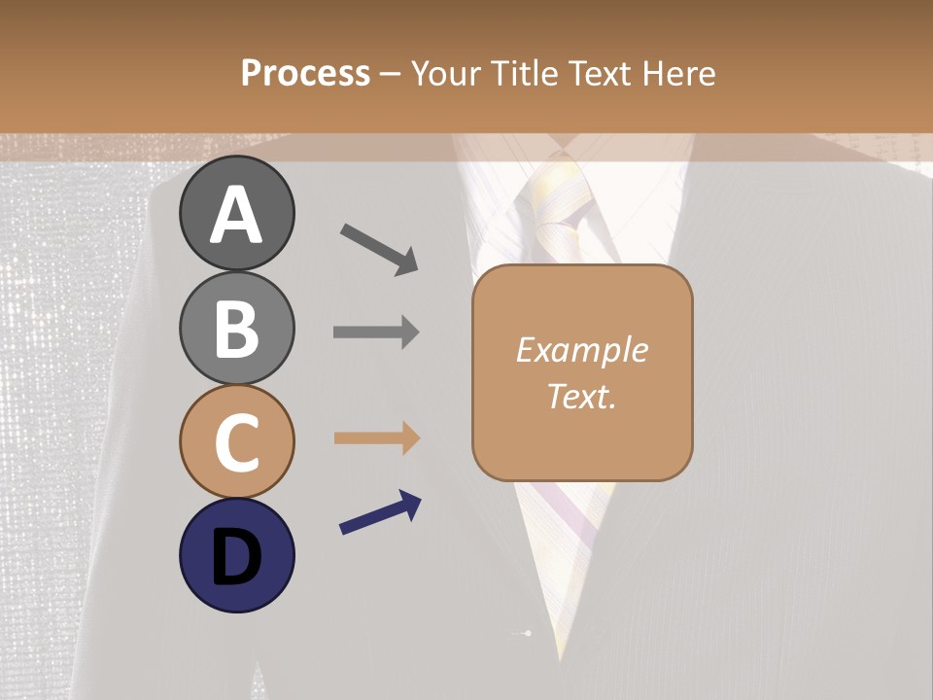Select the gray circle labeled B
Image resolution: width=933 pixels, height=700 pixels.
pos(236,328)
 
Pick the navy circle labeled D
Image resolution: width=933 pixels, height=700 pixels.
pos(236,555)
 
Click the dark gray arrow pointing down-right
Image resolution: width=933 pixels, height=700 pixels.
pos(379,249)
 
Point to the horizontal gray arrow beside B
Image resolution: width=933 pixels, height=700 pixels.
pos(376,332)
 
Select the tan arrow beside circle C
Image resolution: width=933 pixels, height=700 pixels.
pos(376,438)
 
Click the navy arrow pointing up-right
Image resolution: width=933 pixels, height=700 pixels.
pos(380,512)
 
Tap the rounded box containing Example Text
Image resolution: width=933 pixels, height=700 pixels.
pos(582,372)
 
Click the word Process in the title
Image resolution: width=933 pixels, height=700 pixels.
pos(305,73)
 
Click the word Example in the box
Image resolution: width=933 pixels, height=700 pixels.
pos(581,350)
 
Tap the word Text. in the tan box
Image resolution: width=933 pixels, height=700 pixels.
pos(581,396)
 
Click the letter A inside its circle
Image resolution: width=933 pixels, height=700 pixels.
pos(236,215)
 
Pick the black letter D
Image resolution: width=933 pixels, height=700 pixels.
pos(236,556)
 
